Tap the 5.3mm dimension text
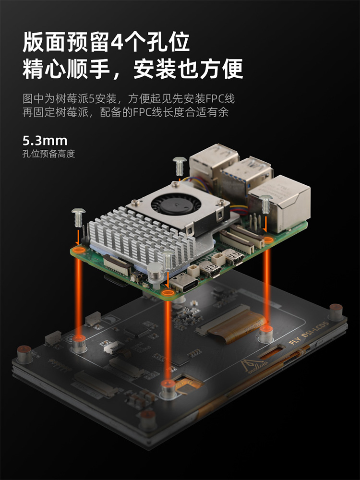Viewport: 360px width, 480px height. tap(45, 141)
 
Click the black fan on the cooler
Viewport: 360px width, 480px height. tap(176, 203)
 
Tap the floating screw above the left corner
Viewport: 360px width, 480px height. tap(78, 217)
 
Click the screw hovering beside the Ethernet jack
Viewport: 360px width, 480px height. tap(265, 204)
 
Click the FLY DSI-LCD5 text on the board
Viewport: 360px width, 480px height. tap(309, 332)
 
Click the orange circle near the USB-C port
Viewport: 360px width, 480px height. tap(168, 293)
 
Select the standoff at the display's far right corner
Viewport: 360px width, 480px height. tap(336, 312)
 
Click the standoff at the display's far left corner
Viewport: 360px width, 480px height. tap(24, 355)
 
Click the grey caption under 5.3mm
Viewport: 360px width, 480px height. tap(48, 154)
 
